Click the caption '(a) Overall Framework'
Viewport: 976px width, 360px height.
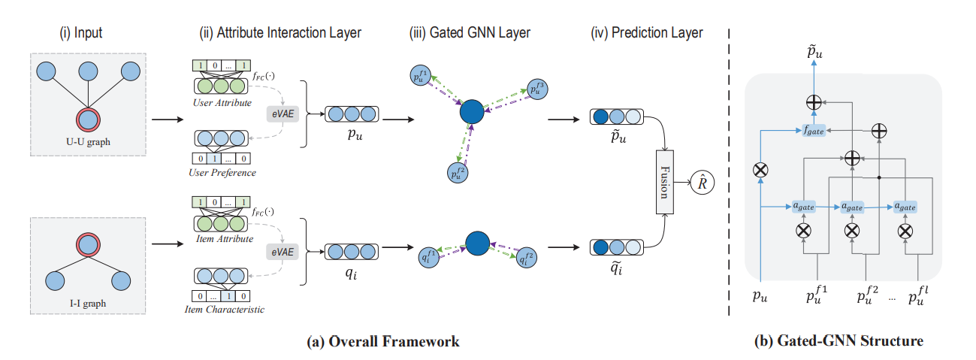click(383, 342)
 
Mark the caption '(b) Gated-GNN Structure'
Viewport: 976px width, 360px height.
click(838, 342)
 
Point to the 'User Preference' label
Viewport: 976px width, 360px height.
click(222, 173)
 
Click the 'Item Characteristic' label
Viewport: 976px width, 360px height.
click(222, 310)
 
